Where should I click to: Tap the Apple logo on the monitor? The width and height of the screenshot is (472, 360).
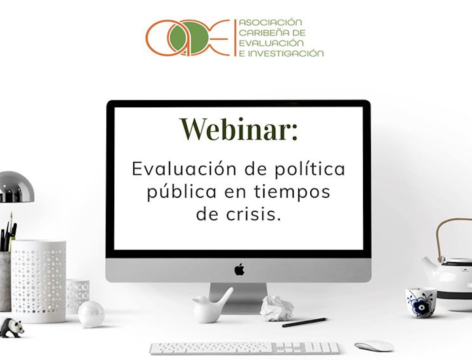[239, 269]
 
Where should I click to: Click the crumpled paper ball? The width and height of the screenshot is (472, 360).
[276, 308]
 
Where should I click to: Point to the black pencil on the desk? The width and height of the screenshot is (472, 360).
[304, 322]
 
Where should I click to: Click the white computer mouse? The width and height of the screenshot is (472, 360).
[374, 346]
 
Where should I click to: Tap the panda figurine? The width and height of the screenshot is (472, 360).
[12, 328]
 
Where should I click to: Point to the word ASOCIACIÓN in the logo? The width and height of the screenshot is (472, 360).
[270, 22]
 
